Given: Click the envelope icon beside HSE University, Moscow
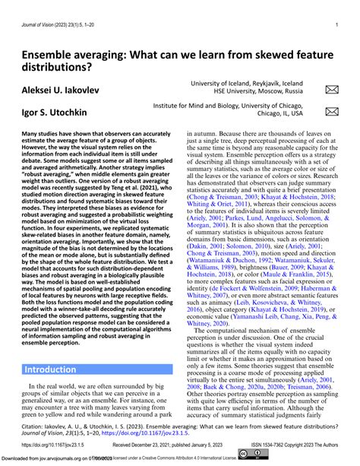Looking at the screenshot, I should (x=331, y=91).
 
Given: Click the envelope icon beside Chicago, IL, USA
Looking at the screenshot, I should (x=331, y=112).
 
